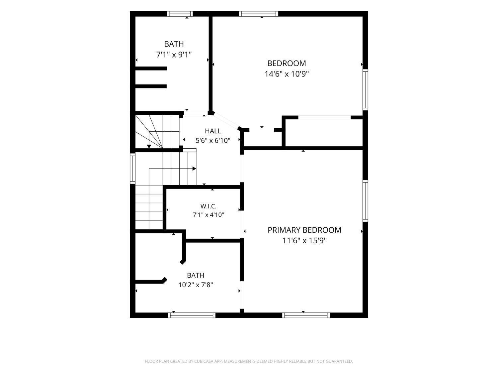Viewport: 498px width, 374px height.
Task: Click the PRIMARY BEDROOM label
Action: point(304,230)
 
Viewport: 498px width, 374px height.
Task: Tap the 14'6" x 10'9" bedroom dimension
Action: point(287,74)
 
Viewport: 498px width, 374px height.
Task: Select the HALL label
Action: point(213,131)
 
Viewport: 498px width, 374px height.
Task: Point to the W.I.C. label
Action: point(208,206)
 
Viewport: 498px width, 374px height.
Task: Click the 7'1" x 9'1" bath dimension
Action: point(174,55)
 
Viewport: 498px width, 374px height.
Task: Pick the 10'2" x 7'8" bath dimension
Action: point(196,285)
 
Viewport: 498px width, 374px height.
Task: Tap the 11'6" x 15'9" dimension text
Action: point(304,240)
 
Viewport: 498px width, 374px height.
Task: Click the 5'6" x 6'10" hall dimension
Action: point(213,141)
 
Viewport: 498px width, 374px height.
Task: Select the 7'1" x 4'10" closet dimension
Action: point(208,214)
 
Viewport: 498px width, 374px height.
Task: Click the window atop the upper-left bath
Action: point(180,14)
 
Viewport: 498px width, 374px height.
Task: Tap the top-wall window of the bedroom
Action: point(259,14)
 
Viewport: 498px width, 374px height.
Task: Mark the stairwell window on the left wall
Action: point(133,168)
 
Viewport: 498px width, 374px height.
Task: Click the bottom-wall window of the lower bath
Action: point(192,315)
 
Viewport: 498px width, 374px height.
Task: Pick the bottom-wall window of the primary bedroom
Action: point(306,315)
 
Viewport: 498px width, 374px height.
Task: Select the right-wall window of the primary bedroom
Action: point(365,201)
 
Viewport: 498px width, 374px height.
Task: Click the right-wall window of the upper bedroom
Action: point(365,90)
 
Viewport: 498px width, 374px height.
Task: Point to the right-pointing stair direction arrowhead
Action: point(194,169)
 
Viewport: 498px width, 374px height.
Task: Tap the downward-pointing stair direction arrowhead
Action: point(149,147)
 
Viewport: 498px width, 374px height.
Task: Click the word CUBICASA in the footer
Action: point(204,361)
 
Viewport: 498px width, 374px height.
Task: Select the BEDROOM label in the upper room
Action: point(287,63)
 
